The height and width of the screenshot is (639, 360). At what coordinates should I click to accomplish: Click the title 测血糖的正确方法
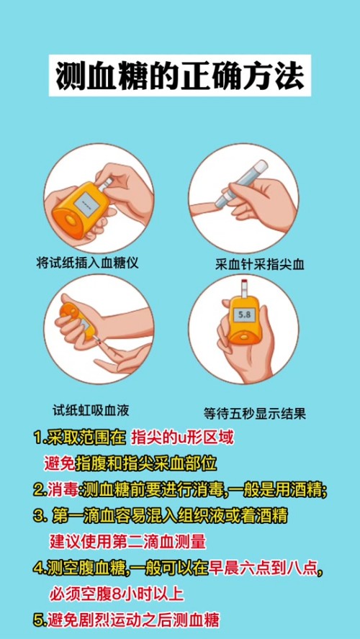(180, 76)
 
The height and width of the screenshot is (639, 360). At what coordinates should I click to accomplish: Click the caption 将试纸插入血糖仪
(87, 263)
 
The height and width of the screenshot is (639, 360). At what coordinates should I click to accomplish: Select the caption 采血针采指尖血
(260, 266)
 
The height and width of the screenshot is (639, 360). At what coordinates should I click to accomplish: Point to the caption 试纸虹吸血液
(91, 409)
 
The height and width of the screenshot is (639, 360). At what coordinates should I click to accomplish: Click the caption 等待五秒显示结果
(254, 414)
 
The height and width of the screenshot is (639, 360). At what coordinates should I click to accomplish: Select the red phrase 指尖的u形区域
(183, 438)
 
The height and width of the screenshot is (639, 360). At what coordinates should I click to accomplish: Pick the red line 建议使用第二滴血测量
(127, 543)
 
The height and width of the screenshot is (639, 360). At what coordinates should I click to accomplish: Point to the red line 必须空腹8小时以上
(117, 594)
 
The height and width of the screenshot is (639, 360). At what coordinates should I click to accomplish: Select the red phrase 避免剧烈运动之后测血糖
(134, 621)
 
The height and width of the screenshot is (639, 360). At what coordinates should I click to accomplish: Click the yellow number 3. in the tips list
(39, 517)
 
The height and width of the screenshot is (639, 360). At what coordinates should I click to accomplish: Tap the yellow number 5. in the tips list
(40, 621)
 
